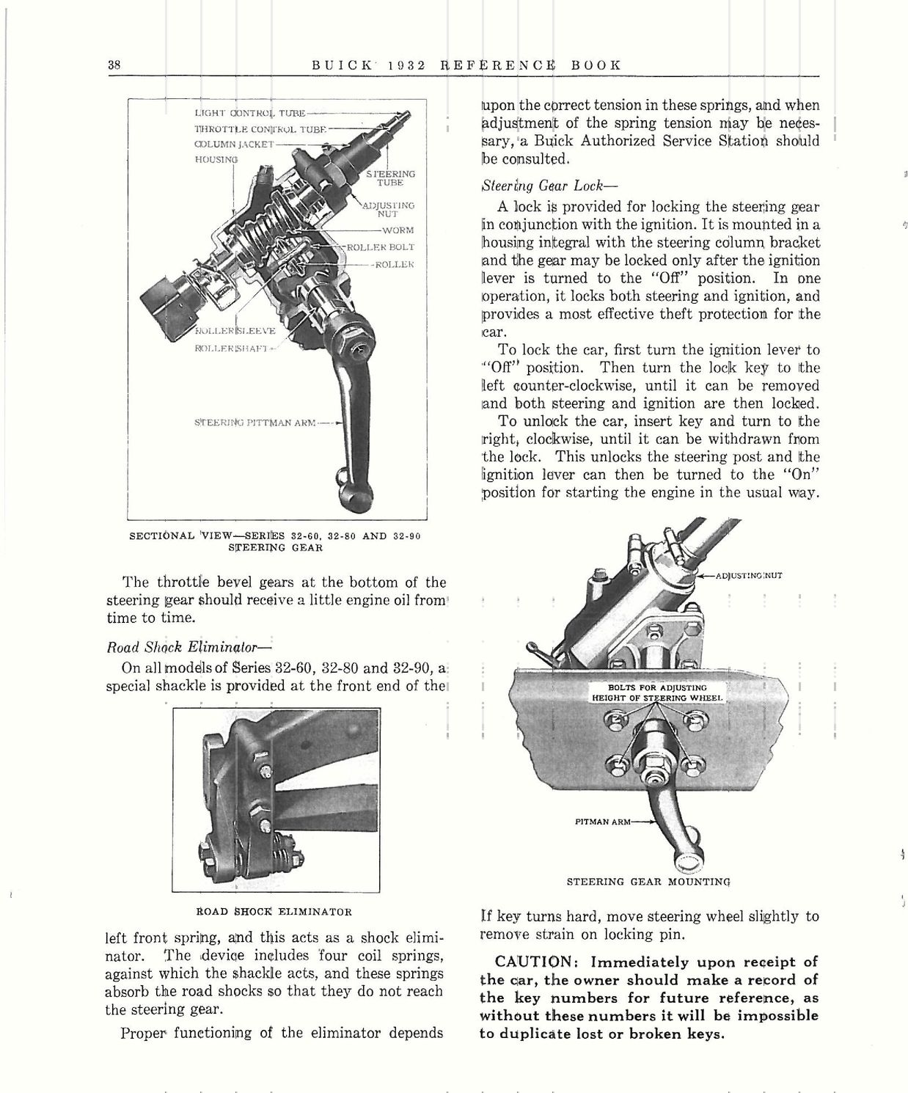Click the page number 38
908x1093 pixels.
point(114,65)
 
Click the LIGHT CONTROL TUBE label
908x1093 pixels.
point(249,113)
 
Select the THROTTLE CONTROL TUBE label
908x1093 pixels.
point(260,128)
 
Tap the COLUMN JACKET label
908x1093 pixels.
point(233,144)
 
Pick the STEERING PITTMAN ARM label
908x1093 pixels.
point(255,423)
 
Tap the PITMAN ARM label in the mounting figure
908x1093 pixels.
point(602,822)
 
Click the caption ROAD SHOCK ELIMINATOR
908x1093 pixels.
point(274,912)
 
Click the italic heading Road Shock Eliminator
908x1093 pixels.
point(189,648)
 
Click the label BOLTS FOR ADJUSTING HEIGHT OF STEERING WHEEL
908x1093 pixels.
point(658,692)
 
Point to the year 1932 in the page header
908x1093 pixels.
point(402,65)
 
